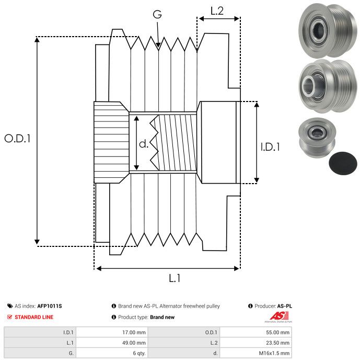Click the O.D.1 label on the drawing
(x=17, y=139)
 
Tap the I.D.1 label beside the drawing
(x=270, y=147)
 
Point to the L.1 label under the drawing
(x=175, y=278)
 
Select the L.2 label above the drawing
(x=217, y=11)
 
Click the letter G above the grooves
(x=157, y=14)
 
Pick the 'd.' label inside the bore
(x=144, y=144)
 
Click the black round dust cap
(x=343, y=163)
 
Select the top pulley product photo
(x=328, y=31)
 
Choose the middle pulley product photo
(x=328, y=86)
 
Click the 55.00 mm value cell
(x=256, y=332)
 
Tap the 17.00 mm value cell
(x=112, y=332)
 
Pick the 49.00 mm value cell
(x=112, y=343)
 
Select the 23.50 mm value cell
(x=256, y=343)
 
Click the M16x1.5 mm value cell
(x=256, y=353)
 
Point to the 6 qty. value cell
(x=112, y=353)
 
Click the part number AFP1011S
(x=50, y=306)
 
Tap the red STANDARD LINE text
(x=34, y=317)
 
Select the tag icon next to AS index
(x=10, y=306)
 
